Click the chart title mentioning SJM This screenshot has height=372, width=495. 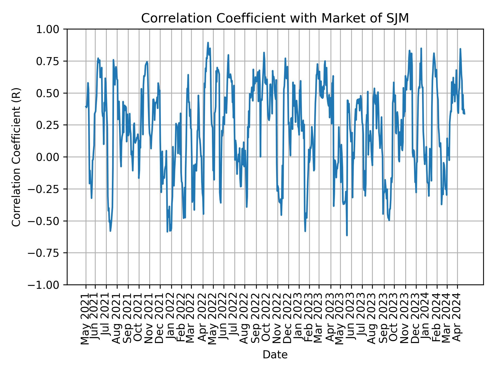[x=275, y=18]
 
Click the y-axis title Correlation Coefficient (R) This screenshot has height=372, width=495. [x=16, y=157]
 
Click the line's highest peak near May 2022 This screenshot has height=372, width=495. [x=208, y=43]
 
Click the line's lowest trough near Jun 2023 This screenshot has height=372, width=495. [x=347, y=235]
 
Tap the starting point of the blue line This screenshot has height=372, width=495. [x=86, y=106]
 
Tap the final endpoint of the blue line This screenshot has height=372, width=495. [x=465, y=114]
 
